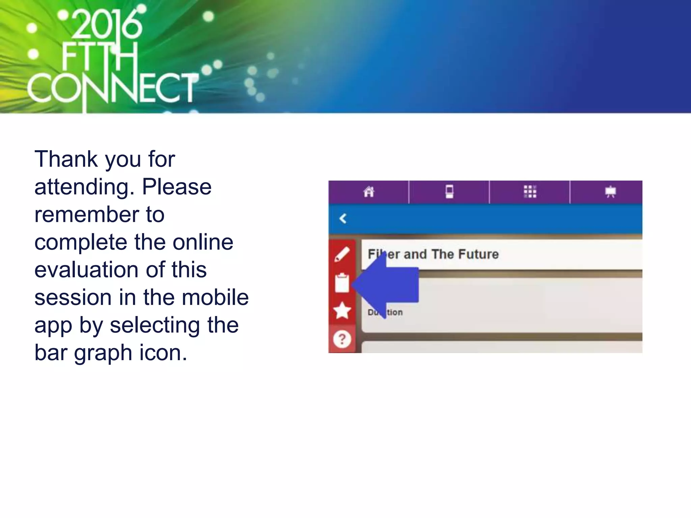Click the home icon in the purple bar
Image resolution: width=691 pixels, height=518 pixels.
tap(369, 192)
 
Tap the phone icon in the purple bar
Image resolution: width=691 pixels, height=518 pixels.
tap(449, 192)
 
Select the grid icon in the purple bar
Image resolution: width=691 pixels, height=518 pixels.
tap(530, 192)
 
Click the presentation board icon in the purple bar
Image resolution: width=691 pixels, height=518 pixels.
tap(610, 192)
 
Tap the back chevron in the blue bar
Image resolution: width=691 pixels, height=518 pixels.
tap(343, 219)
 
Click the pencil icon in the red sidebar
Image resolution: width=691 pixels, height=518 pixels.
tap(342, 254)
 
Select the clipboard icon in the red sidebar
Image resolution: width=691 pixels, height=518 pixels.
tap(342, 283)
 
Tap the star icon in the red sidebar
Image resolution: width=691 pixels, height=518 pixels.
tap(342, 311)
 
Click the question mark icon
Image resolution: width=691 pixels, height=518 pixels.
tap(342, 339)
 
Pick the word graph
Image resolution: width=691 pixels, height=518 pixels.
tap(103, 353)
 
